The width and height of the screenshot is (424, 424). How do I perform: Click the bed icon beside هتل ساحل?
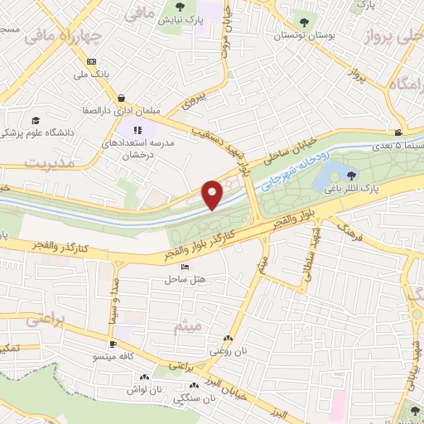(x=184, y=267)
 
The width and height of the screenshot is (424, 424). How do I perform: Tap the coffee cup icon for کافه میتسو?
(x=113, y=343)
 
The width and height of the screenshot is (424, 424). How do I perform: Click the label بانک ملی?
(x=91, y=75)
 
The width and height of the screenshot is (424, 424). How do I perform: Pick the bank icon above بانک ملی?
(x=91, y=61)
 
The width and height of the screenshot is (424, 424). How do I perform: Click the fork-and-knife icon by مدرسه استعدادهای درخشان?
(x=138, y=129)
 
